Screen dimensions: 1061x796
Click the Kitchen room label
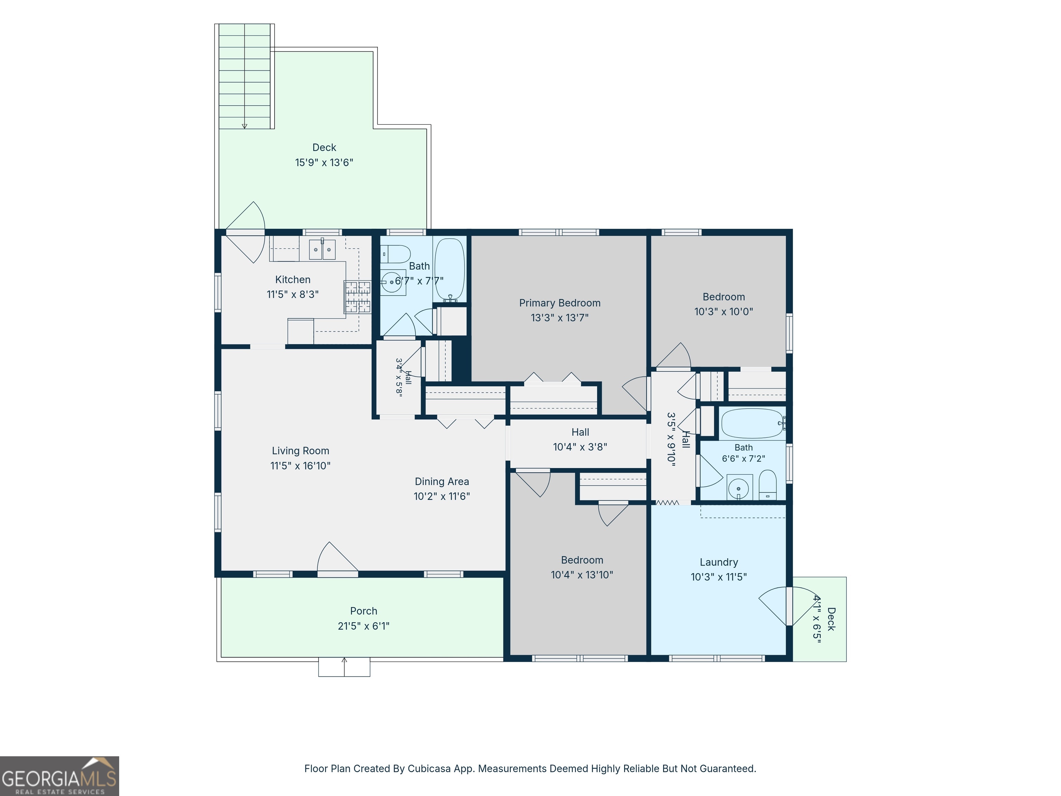tap(293, 279)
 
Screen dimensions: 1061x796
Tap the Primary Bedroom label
tap(560, 303)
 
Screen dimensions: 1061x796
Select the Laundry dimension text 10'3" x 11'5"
tap(718, 577)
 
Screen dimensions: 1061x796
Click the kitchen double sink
tap(322, 249)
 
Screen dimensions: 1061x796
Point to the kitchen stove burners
tap(358, 296)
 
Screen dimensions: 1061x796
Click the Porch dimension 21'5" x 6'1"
tap(364, 626)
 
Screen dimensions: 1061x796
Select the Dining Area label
tap(442, 481)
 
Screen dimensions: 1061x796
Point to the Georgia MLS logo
tap(59, 776)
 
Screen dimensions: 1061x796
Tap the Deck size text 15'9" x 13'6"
tap(324, 162)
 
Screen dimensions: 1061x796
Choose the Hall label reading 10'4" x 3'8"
tap(580, 447)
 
